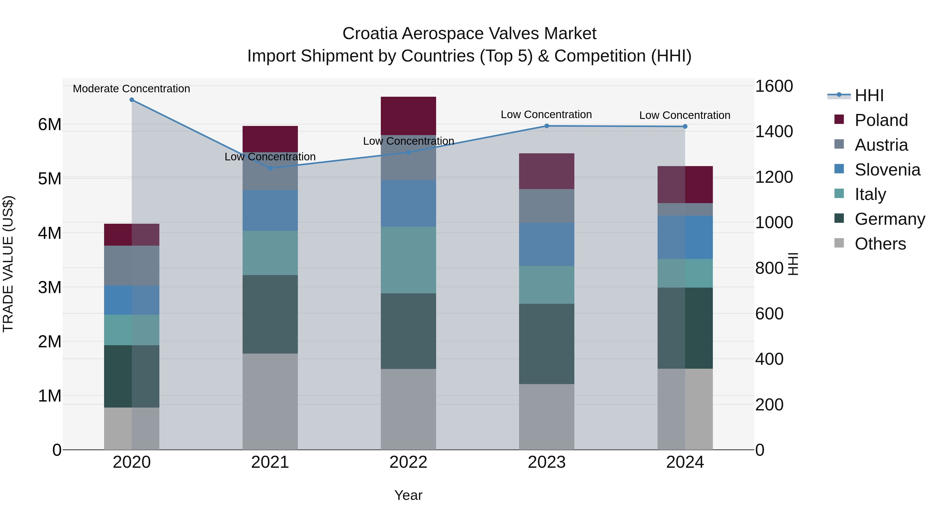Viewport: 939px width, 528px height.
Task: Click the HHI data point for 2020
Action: click(132, 100)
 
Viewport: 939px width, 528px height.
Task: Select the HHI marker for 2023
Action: click(546, 126)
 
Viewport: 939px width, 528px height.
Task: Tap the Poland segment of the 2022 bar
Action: click(408, 116)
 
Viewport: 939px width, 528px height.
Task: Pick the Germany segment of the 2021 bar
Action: click(270, 314)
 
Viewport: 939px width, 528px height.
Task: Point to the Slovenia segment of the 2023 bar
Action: click(546, 244)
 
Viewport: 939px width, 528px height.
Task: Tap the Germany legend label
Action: click(889, 219)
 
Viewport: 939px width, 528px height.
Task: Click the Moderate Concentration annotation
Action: click(132, 89)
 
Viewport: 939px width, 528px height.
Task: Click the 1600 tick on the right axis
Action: click(774, 86)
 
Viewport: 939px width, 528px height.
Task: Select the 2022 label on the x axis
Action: click(408, 462)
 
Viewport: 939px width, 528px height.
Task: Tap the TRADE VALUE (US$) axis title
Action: click(8, 264)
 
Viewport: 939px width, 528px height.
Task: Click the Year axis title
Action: click(408, 495)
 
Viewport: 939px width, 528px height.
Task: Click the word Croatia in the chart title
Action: click(370, 34)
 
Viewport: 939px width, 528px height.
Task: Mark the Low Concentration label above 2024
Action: click(685, 115)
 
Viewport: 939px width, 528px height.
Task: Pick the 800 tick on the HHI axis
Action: click(769, 268)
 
